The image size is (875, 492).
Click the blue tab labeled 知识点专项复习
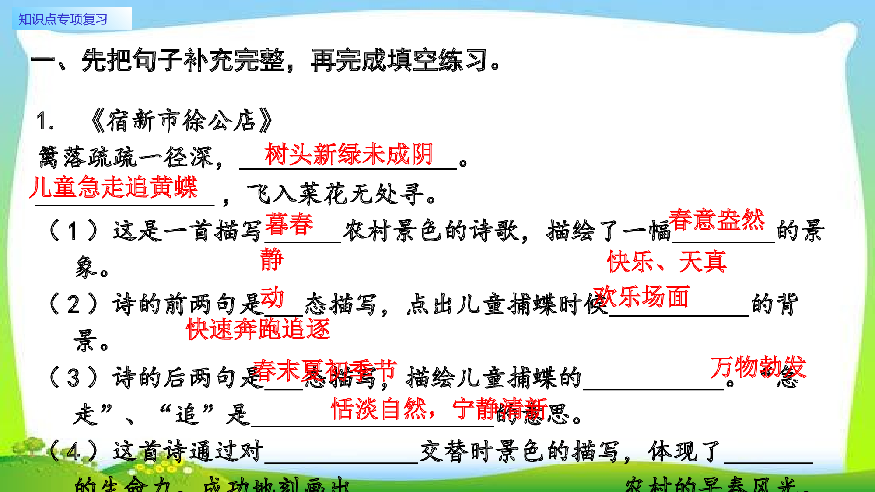click(x=63, y=19)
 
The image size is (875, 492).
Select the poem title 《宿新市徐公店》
click(x=182, y=121)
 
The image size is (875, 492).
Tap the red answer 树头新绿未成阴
click(x=349, y=154)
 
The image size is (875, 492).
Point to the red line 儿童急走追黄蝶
click(x=114, y=187)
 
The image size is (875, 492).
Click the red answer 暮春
click(x=289, y=224)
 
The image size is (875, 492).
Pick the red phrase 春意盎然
click(x=716, y=220)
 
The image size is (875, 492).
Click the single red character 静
click(x=272, y=259)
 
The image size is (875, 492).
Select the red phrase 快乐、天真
click(x=667, y=262)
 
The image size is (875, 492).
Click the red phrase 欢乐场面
click(x=641, y=297)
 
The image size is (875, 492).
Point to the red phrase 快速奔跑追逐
click(x=258, y=329)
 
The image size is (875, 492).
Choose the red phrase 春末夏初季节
click(x=325, y=370)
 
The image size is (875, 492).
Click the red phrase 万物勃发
click(x=758, y=366)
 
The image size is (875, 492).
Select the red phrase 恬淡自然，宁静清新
click(x=439, y=408)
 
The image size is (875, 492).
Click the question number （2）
click(x=73, y=304)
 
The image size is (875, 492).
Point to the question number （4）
click(x=73, y=451)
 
